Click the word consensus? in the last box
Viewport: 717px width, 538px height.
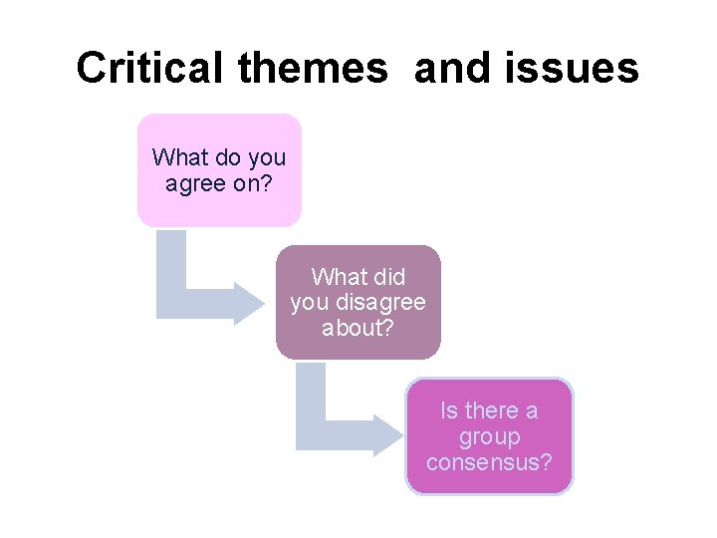(x=489, y=462)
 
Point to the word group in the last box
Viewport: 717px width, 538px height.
(x=489, y=437)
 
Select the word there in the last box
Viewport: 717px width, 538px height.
(x=492, y=410)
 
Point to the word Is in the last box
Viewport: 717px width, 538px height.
(x=450, y=410)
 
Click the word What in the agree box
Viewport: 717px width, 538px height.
(x=179, y=157)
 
